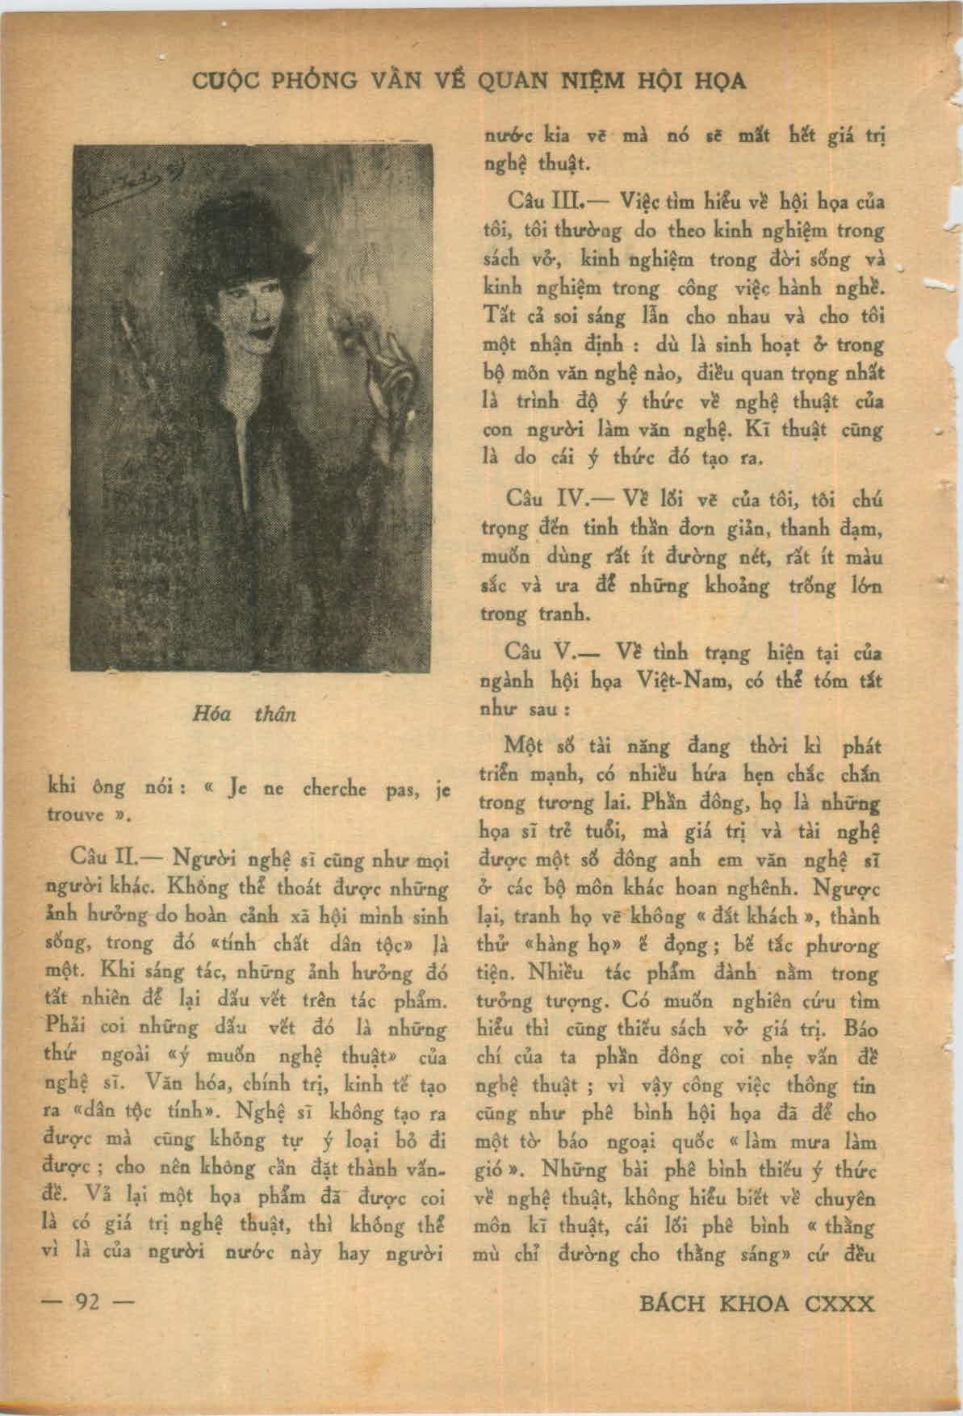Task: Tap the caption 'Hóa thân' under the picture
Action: [x=245, y=714]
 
